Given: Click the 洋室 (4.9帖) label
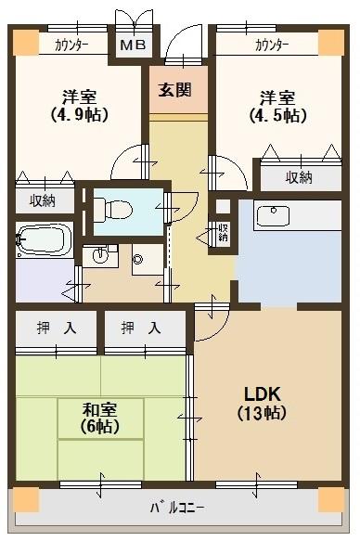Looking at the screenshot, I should tap(81, 105).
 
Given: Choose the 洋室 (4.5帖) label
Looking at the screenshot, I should tap(276, 105).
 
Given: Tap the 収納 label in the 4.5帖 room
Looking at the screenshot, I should tap(299, 177).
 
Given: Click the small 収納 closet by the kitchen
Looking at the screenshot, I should tap(223, 231).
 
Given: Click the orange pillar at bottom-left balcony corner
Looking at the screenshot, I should tap(27, 498).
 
